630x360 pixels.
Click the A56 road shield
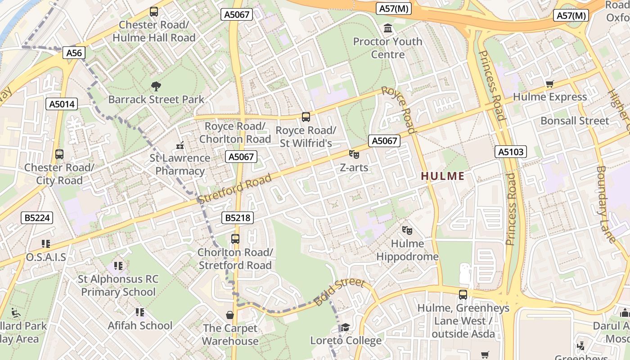tap(74, 53)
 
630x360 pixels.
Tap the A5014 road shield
tap(62, 104)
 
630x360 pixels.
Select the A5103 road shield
tap(511, 152)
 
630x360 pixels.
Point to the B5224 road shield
tap(37, 218)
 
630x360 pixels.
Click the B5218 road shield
tap(238, 218)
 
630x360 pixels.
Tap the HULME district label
tap(442, 176)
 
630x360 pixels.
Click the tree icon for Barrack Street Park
tap(156, 86)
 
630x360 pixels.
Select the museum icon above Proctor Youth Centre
tap(387, 29)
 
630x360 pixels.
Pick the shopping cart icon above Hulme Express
tap(549, 84)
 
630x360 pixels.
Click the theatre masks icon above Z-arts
tap(354, 154)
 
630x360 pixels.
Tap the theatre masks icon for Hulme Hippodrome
tap(407, 230)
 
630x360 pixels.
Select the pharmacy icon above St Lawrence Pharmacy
tap(180, 145)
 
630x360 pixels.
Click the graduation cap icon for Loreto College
tap(345, 327)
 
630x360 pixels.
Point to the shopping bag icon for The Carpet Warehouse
tap(230, 315)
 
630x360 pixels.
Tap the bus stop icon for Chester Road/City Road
tap(59, 154)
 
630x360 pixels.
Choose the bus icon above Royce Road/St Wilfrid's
tap(306, 117)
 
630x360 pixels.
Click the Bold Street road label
tap(339, 292)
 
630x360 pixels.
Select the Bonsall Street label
tap(575, 121)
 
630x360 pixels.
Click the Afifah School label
tap(140, 325)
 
